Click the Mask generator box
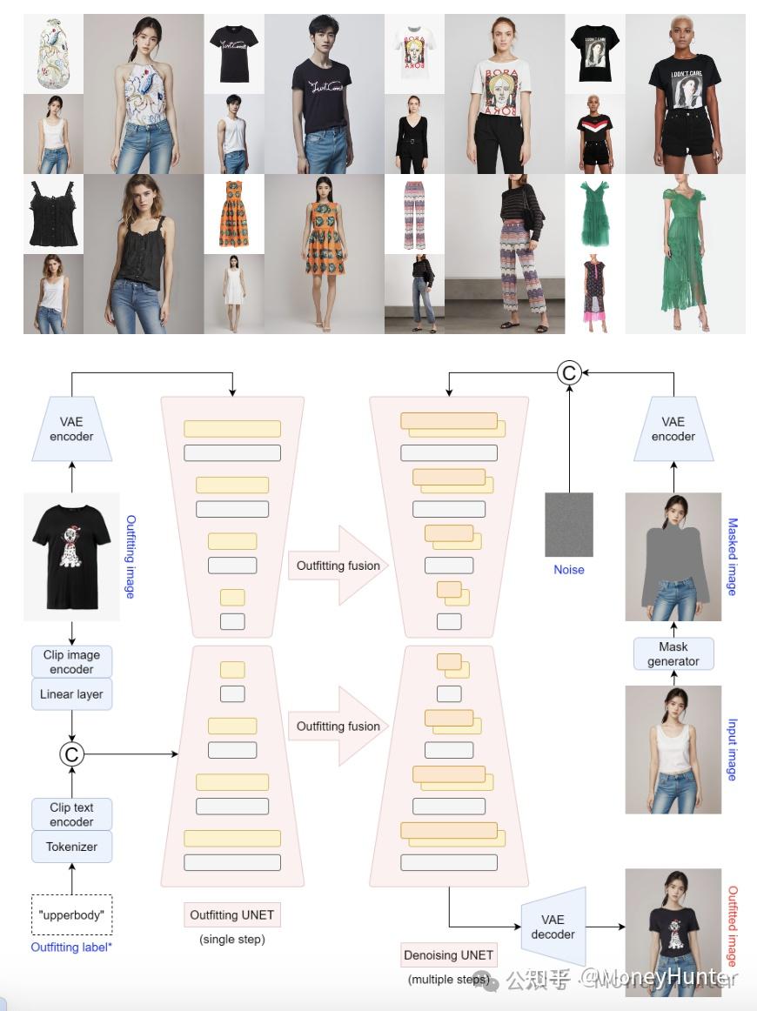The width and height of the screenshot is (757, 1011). [x=673, y=653]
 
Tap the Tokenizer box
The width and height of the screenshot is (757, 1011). [x=71, y=846]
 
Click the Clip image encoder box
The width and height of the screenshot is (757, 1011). [x=71, y=662]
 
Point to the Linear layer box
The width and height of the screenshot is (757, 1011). [x=71, y=694]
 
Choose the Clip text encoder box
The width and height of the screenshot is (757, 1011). [x=71, y=814]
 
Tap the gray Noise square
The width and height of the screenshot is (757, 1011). [x=569, y=525]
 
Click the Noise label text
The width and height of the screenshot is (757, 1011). [x=569, y=570]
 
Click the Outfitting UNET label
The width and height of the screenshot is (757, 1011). [x=232, y=914]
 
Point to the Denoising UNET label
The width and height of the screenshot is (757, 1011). [x=448, y=954]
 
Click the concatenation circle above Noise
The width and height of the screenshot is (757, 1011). [x=569, y=372]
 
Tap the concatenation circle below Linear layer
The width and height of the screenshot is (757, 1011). [x=71, y=753]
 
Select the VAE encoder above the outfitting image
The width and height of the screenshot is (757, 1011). [x=71, y=429]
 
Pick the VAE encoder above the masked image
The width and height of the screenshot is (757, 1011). [x=673, y=429]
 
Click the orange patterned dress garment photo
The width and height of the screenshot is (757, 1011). [x=233, y=214]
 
